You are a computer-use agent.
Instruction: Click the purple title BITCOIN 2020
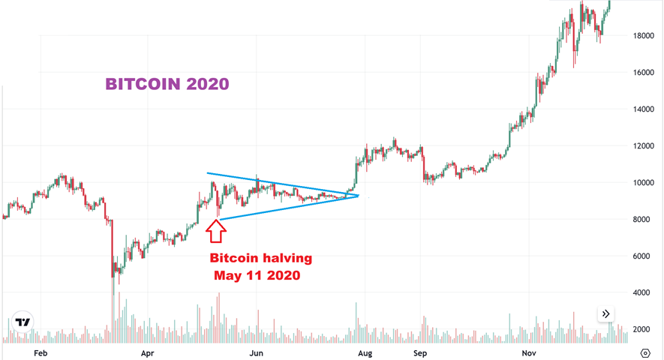tap(167, 84)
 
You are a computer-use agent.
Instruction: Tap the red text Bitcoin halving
tap(260, 258)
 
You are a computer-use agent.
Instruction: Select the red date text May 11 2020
tap(257, 275)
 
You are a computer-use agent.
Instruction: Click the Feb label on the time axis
tap(41, 352)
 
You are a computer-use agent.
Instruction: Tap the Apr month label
tap(148, 352)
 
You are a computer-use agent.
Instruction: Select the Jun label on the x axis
tap(256, 352)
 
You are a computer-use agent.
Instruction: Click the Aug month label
tap(365, 352)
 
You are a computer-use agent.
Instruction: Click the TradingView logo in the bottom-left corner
tap(23, 322)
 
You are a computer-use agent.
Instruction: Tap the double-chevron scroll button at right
tap(606, 314)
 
